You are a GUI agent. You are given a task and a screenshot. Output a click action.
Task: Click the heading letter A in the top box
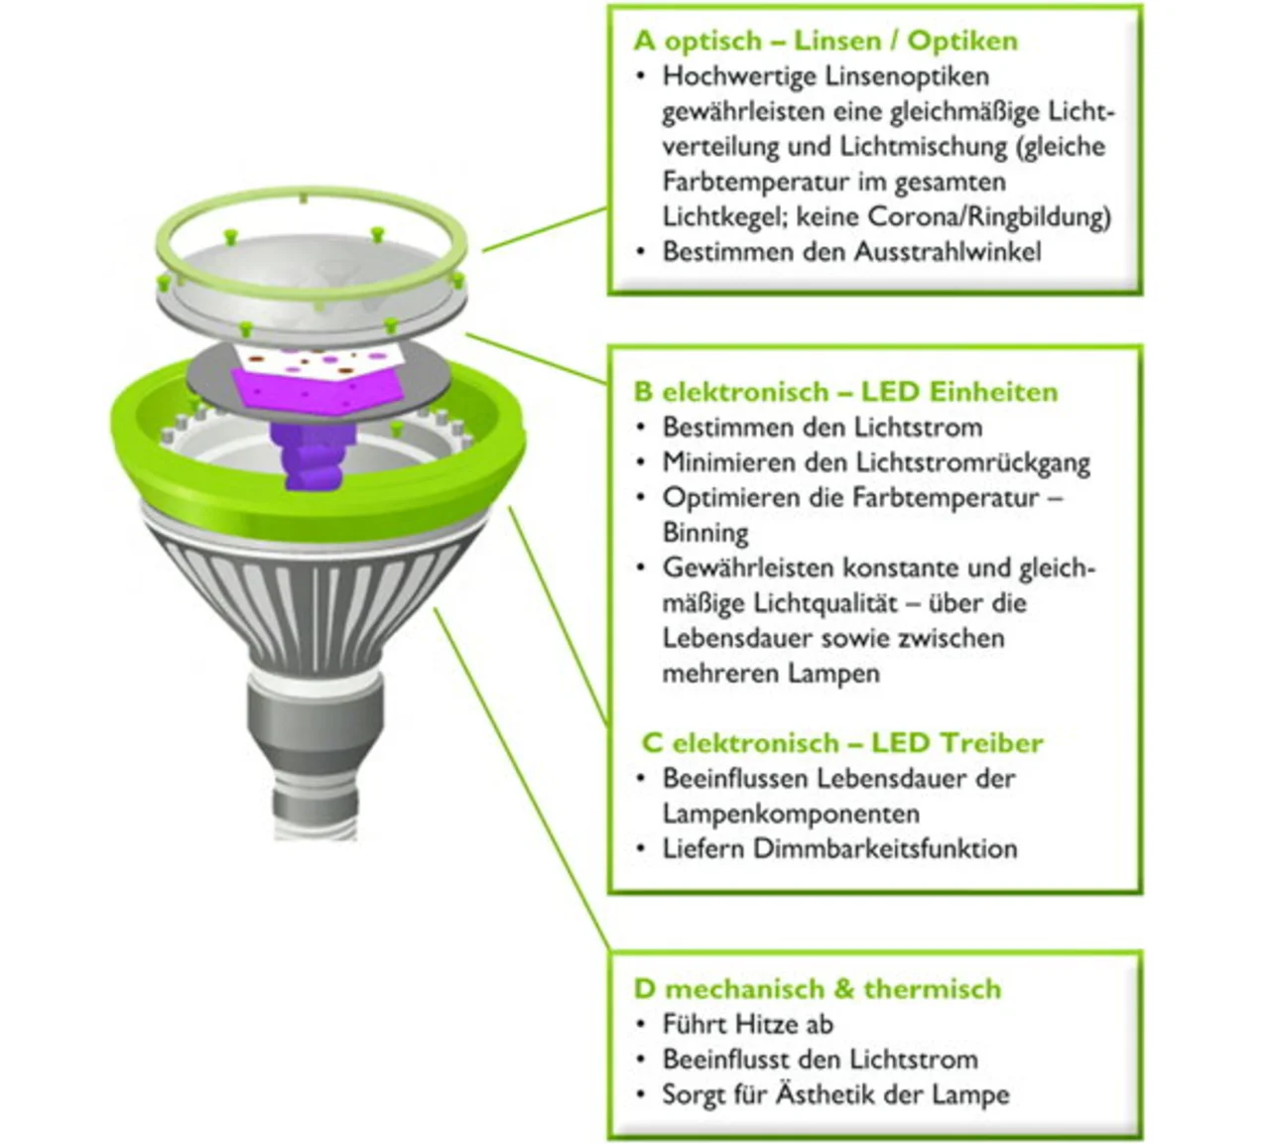[645, 42]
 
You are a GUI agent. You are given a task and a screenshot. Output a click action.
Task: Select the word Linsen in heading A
[837, 42]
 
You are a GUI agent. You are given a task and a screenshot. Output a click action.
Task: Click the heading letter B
[643, 392]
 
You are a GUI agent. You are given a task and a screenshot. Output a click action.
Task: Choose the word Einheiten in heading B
[992, 392]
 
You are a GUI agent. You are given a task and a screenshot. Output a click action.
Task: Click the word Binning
[705, 533]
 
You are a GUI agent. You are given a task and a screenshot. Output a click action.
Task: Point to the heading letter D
[644, 989]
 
